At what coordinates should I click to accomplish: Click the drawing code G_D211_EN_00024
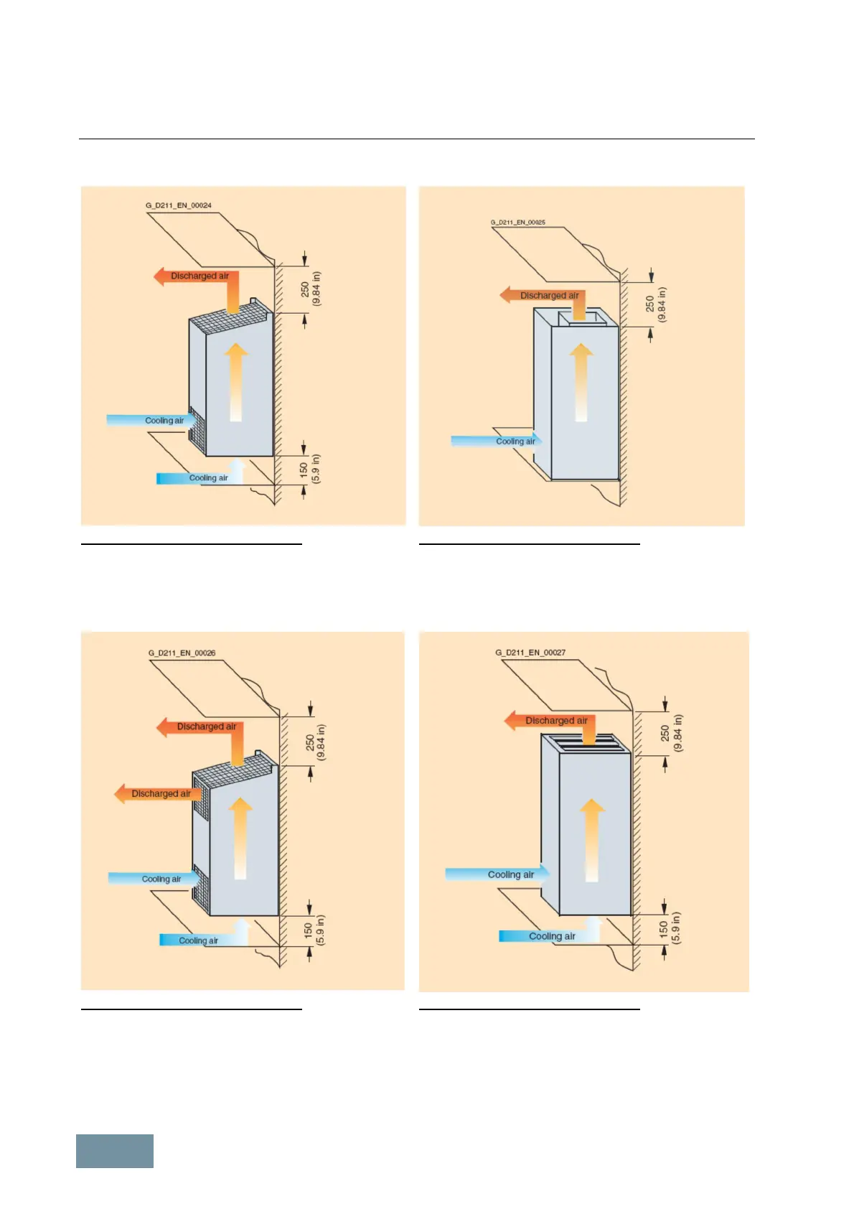179,205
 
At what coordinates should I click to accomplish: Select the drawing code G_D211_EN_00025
517,223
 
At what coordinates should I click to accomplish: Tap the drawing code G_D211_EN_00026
182,653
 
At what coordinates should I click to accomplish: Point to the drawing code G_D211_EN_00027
530,653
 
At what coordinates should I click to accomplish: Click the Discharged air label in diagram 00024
200,276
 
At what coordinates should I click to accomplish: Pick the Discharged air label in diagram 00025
549,295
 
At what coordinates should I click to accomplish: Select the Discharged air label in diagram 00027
556,720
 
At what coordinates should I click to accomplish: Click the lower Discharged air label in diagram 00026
161,793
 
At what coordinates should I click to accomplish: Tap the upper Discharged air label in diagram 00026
206,727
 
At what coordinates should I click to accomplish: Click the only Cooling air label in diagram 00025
515,442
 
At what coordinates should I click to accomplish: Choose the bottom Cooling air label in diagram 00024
208,478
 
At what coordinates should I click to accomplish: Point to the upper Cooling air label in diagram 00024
164,421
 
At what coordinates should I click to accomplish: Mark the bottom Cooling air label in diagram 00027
552,936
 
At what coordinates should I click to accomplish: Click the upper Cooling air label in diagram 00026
161,879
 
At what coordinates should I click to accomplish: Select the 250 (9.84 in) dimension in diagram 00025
655,304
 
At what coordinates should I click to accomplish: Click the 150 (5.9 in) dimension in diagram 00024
310,470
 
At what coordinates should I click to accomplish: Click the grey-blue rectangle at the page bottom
115,1151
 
